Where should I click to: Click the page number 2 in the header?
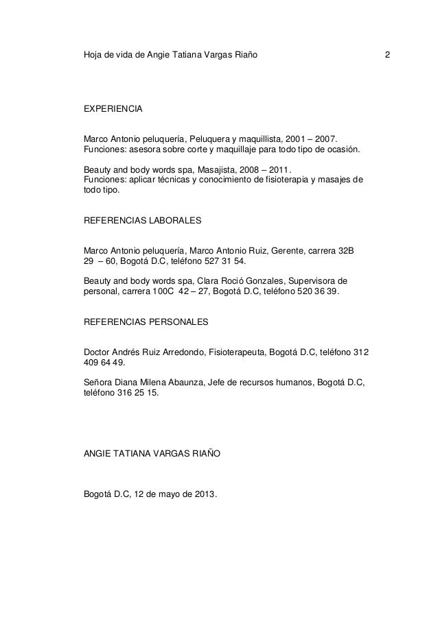[x=388, y=53]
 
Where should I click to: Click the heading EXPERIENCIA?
[x=113, y=109]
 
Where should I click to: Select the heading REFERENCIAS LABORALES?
[x=142, y=221]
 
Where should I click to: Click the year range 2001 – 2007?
[x=308, y=139]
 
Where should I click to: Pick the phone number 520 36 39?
[x=317, y=291]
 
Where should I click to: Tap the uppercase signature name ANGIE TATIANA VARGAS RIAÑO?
[x=152, y=453]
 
